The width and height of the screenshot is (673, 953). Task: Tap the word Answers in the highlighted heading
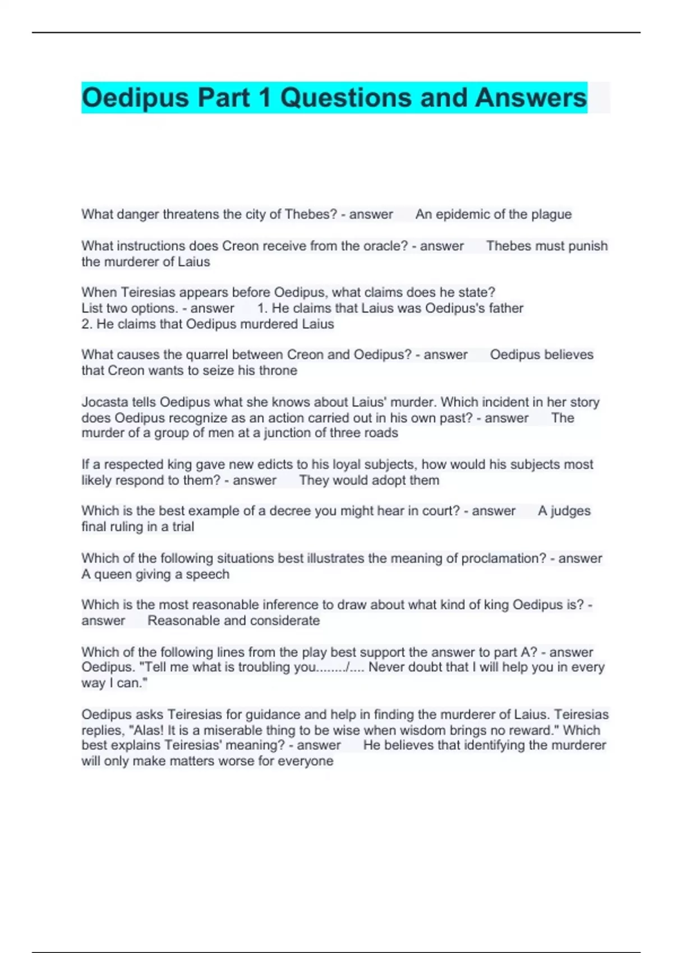pos(531,98)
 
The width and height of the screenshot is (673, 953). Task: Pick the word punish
pos(588,246)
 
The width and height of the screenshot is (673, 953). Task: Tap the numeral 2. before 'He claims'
pos(87,324)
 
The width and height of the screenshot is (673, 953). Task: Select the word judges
pos(570,511)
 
